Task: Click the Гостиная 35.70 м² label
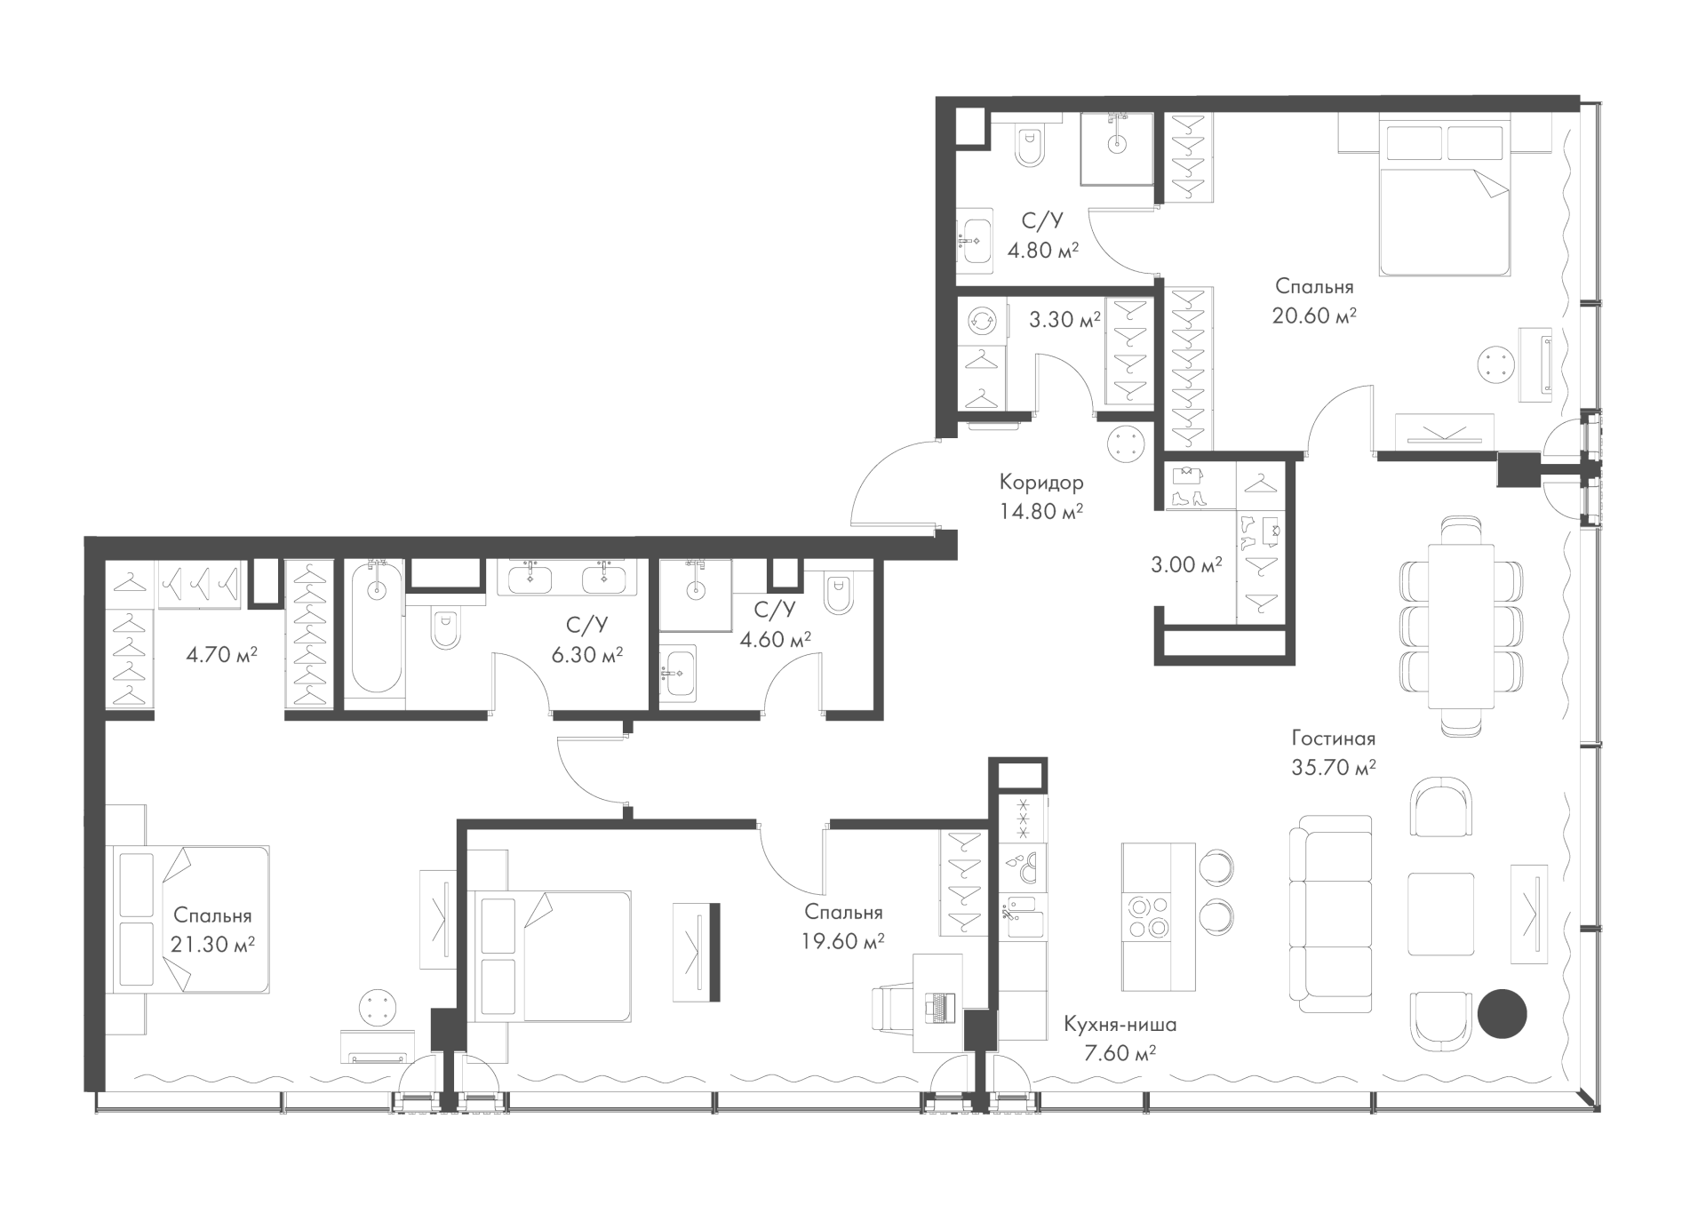1334,753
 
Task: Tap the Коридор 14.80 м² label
1041,497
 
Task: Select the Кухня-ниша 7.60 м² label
1120,1039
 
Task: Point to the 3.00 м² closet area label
1186,563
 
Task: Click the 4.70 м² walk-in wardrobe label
221,655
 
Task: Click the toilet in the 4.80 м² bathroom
1031,148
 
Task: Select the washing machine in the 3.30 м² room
984,321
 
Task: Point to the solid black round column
1502,1014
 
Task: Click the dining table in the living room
1462,626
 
